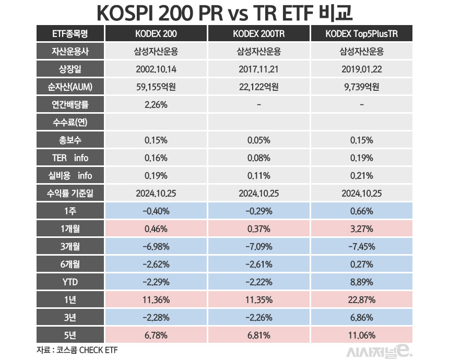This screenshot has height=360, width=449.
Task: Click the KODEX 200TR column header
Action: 258,34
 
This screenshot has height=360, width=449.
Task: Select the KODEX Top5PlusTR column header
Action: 361,34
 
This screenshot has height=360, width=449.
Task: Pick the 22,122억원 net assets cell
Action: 258,87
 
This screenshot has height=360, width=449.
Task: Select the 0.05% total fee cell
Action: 258,140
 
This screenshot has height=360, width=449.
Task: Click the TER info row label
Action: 70,158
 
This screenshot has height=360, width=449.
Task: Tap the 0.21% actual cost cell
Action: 361,176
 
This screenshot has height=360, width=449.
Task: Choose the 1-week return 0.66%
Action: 361,211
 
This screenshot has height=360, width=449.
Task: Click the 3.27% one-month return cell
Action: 361,229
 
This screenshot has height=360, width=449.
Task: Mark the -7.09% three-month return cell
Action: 258,247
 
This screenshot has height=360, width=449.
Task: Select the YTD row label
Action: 70,282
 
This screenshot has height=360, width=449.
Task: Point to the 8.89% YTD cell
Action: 361,282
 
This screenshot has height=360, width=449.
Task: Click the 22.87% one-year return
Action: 361,300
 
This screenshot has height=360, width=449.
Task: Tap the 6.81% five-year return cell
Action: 258,335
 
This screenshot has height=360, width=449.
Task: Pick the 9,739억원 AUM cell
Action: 361,87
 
